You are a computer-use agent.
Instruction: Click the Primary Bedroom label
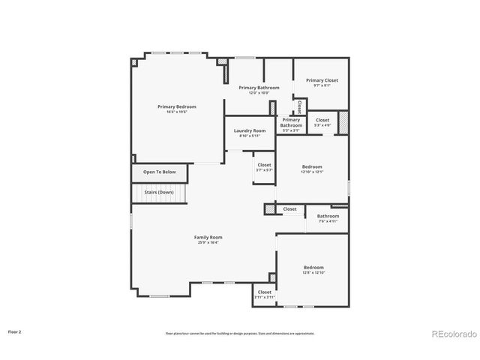tap(176, 106)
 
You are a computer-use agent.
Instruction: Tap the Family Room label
tap(208, 237)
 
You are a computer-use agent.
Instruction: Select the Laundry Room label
tap(250, 130)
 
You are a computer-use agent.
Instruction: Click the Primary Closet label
tap(322, 79)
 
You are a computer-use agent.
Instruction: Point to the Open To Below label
tap(160, 172)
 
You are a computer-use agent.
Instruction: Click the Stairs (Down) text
tap(159, 192)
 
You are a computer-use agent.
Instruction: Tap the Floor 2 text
tap(15, 331)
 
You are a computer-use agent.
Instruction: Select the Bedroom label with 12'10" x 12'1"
tap(312, 166)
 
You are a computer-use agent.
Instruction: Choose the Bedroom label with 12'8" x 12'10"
tap(313, 268)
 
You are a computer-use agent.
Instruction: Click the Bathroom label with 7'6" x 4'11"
tap(328, 216)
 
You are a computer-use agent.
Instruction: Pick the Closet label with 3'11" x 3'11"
tap(265, 292)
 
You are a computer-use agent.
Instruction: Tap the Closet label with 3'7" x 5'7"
tap(264, 165)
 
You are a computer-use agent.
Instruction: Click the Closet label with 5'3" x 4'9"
tap(322, 120)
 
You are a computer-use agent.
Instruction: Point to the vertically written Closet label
tap(300, 106)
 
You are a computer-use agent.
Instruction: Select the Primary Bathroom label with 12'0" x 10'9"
tap(259, 88)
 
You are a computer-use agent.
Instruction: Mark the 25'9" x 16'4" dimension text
tap(208, 242)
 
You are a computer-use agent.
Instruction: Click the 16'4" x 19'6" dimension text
tap(176, 112)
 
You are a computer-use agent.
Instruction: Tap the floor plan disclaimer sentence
tap(240, 333)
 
